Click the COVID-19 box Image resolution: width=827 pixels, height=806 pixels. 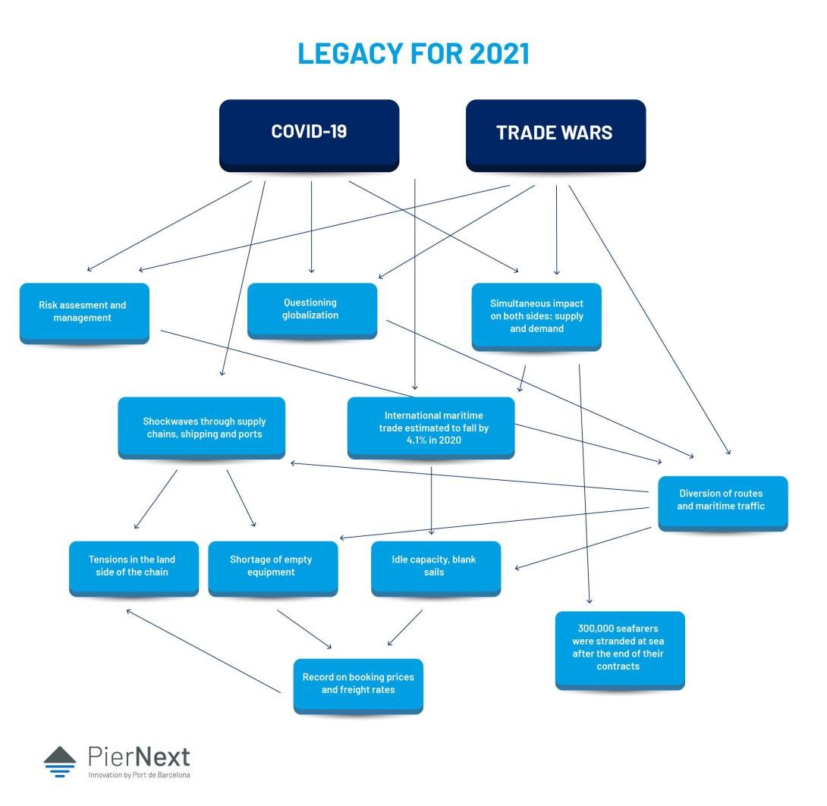(x=309, y=133)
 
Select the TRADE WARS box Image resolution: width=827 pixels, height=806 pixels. (x=555, y=133)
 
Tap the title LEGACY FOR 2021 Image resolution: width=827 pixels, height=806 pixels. (x=413, y=54)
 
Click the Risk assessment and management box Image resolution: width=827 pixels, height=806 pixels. (x=83, y=312)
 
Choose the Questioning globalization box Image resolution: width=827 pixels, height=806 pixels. (x=311, y=309)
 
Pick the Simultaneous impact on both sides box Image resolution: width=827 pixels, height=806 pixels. (x=536, y=315)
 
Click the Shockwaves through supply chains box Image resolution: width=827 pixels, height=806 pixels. (x=202, y=428)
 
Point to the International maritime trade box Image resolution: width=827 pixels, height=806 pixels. (x=431, y=428)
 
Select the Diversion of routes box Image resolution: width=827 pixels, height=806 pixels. (x=722, y=500)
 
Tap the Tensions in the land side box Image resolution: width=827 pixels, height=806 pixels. (x=134, y=566)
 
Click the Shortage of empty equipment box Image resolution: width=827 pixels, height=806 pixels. (x=272, y=566)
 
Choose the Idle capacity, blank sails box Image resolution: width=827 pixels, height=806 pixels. (x=435, y=566)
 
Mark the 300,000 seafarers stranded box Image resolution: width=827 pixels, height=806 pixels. (x=619, y=648)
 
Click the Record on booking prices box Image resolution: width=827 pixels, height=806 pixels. (x=357, y=684)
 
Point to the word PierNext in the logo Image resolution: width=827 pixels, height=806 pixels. (x=139, y=756)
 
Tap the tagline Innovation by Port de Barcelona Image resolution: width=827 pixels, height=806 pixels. (x=139, y=776)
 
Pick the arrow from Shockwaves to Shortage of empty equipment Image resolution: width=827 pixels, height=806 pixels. (x=241, y=497)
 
